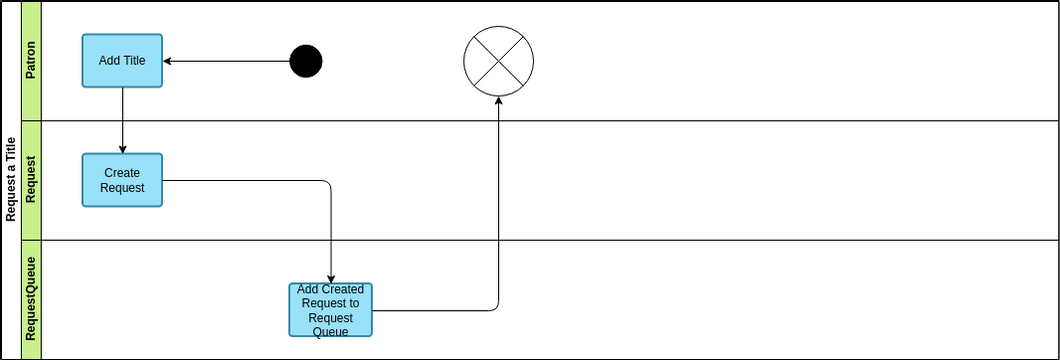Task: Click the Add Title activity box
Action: coord(122,61)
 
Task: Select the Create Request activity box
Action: coord(122,180)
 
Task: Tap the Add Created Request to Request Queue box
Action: coord(331,309)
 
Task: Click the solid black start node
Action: coord(306,61)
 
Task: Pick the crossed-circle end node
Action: coord(498,61)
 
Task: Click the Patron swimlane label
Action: coord(31,61)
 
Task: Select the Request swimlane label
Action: coord(31,180)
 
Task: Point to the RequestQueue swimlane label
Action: coord(31,300)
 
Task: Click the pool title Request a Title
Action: coord(11,180)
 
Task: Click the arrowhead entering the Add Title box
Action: coord(167,61)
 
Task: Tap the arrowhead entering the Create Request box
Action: coord(122,149)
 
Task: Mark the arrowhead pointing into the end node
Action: coord(498,101)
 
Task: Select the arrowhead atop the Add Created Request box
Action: coord(331,278)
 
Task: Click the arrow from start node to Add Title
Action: coord(226,61)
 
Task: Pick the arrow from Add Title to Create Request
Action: coord(122,120)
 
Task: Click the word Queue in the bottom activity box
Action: coord(331,332)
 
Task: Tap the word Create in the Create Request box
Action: coord(122,173)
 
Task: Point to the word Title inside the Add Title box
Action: coord(134,60)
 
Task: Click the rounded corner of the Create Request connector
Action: coord(328,182)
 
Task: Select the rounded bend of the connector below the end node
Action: coord(496,308)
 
